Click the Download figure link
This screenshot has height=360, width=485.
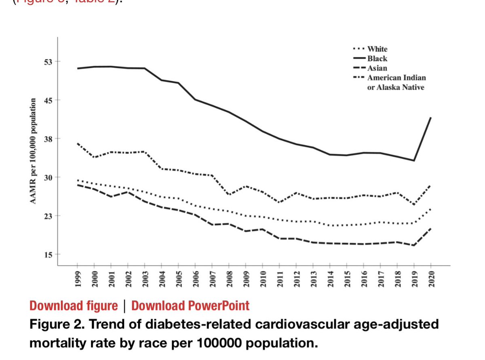tap(74, 305)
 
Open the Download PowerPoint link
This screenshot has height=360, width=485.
tap(190, 305)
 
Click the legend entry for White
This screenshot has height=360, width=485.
tap(377, 49)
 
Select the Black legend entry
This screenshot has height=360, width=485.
tap(377, 59)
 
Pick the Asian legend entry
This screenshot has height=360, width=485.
tap(377, 68)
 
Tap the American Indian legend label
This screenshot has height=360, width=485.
tap(396, 78)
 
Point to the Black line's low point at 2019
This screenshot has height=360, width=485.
tap(413, 160)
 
